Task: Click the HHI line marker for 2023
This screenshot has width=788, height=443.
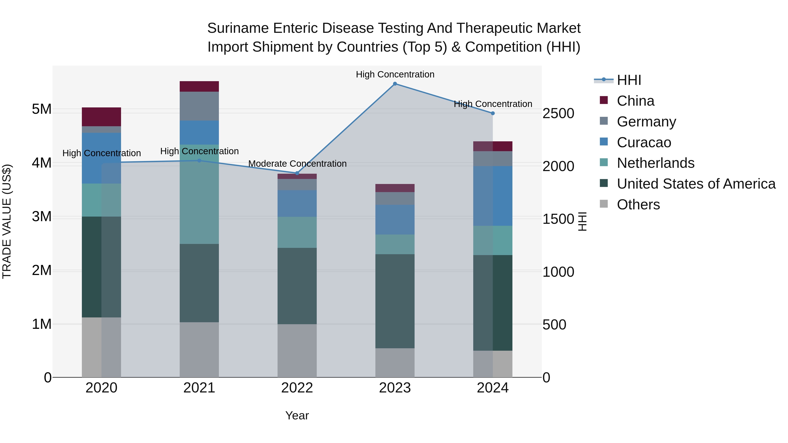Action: click(395, 84)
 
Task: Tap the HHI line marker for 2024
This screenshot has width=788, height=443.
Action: click(492, 113)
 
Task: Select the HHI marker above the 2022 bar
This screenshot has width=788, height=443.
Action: click(297, 173)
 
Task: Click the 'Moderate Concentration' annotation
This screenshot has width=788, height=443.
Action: click(297, 164)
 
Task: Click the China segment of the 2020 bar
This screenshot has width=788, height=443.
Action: click(101, 117)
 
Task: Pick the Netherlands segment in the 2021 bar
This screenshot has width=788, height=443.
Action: click(199, 194)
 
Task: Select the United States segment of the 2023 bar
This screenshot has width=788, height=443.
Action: click(395, 301)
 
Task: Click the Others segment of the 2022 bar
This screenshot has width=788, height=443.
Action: click(297, 351)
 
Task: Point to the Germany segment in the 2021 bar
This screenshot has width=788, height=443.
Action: click(199, 106)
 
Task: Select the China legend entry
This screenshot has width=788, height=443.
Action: click(635, 101)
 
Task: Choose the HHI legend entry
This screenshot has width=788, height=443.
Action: click(629, 80)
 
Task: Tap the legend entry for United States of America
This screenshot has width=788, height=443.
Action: click(696, 184)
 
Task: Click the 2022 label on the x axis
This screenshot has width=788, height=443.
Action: click(297, 388)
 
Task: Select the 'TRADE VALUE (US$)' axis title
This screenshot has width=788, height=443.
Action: click(7, 221)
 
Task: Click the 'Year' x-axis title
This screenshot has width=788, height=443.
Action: click(297, 415)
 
